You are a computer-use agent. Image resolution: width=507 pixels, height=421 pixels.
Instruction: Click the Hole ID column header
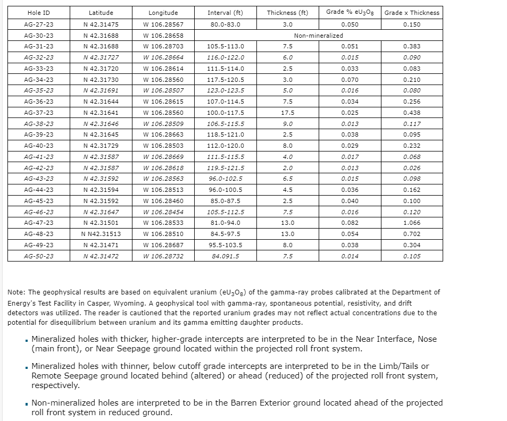(39, 13)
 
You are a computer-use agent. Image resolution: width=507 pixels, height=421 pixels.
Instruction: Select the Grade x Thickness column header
(412, 13)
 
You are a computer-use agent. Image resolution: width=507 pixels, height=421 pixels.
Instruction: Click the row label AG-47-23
(39, 223)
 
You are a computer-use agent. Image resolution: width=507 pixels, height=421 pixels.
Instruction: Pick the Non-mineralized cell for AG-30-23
(318, 36)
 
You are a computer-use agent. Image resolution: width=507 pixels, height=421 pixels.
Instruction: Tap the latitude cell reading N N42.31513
(101, 234)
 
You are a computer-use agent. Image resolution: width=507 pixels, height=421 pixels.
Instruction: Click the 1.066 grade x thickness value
(412, 223)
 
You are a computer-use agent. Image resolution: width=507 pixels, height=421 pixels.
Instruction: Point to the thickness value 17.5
(287, 113)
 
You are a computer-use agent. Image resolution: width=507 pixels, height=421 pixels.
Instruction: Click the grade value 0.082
(350, 223)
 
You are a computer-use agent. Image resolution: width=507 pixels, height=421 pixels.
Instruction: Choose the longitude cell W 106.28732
(163, 256)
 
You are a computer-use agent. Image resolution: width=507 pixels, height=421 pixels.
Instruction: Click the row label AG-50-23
(39, 256)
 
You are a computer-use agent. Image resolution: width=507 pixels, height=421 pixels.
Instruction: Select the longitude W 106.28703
(163, 46)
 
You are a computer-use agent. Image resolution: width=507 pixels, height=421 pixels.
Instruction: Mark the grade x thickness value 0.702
(412, 234)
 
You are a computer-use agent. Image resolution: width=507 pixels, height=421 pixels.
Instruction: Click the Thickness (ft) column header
(287, 13)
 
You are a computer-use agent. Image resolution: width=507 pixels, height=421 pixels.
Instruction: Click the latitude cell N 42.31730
(101, 80)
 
